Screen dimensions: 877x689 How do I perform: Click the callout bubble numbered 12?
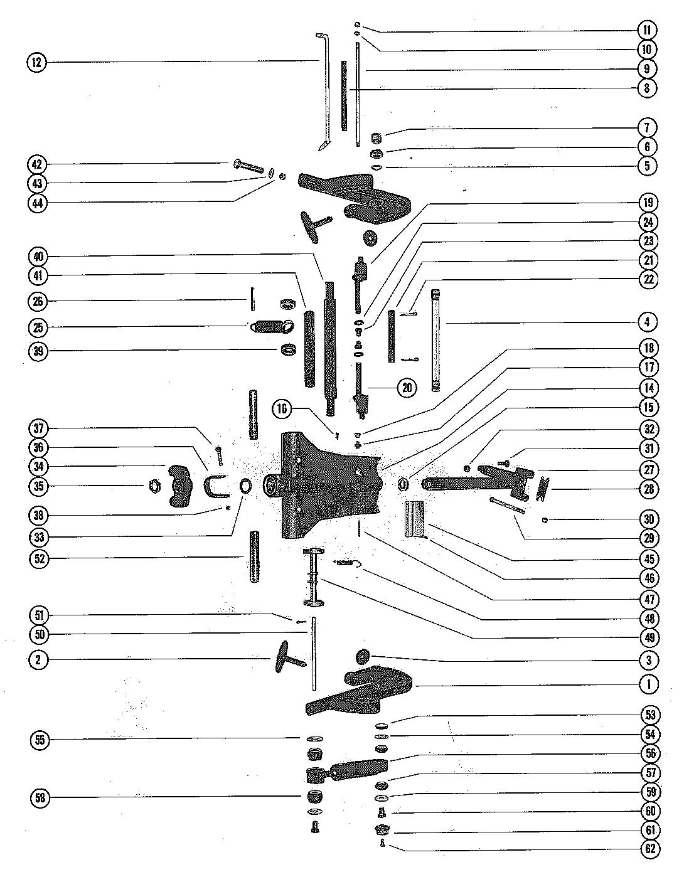[x=37, y=62]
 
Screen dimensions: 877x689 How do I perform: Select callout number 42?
[x=37, y=164]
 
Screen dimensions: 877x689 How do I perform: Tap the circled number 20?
[x=407, y=388]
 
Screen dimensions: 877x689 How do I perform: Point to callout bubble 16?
[x=282, y=410]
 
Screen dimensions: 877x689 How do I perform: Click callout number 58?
[x=40, y=798]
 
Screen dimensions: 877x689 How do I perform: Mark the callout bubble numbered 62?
[x=649, y=849]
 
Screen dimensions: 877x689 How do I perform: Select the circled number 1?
[x=649, y=684]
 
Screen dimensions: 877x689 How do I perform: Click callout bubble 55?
[x=40, y=740]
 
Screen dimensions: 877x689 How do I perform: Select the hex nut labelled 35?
[x=153, y=486]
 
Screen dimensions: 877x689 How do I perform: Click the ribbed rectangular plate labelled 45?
[x=414, y=519]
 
